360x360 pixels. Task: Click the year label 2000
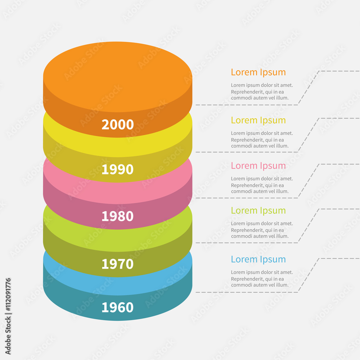tap(117, 125)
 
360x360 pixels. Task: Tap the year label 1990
tap(117, 170)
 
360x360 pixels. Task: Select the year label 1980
tap(117, 216)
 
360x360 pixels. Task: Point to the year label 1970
tap(117, 264)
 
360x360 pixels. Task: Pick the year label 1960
tap(117, 307)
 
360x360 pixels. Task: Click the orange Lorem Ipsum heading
tap(258, 72)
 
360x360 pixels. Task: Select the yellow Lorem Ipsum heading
tap(258, 120)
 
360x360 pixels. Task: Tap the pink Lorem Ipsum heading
tap(258, 166)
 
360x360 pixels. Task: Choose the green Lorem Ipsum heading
tap(258, 211)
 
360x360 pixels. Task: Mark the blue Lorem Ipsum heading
tap(258, 260)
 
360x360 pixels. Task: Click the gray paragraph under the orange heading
tap(262, 92)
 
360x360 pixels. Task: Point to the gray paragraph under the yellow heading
tap(262, 140)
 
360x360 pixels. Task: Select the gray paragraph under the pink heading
tap(262, 185)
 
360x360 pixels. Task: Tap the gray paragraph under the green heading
tap(262, 230)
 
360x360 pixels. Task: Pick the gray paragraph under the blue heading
tap(262, 279)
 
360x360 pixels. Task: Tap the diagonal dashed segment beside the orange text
tap(309, 88)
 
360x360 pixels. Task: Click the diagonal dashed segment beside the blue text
tap(309, 275)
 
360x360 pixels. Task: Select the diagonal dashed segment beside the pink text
tap(309, 181)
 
